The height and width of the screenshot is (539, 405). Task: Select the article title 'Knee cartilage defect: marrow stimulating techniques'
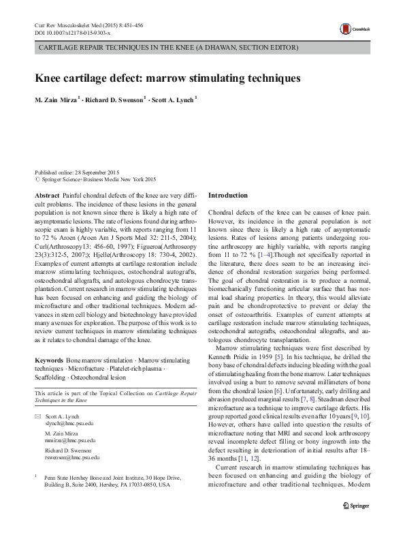(x=167, y=78)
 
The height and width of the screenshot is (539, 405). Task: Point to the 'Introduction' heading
(x=228, y=196)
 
